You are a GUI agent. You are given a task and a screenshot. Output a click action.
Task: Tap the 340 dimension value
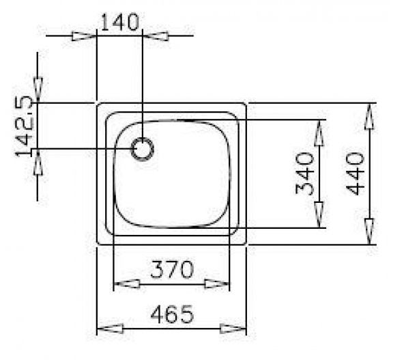[304, 174]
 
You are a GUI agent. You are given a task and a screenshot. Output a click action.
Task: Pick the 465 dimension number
[171, 314]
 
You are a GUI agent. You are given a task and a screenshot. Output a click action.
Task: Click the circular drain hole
[143, 148]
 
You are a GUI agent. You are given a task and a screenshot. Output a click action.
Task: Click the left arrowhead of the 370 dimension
[124, 283]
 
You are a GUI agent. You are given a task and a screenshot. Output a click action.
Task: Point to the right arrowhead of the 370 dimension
[218, 283]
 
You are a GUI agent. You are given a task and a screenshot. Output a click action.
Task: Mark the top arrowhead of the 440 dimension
[371, 117]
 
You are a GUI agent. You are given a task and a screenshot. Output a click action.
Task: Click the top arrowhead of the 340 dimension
[319, 133]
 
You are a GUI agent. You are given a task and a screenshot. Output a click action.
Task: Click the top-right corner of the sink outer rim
[246, 103]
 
